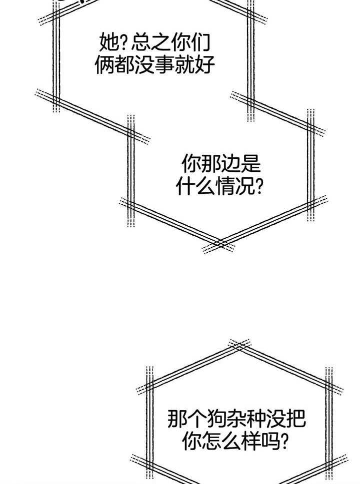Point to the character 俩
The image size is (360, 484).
pos(104,65)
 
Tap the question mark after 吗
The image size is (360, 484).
pos(286,442)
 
